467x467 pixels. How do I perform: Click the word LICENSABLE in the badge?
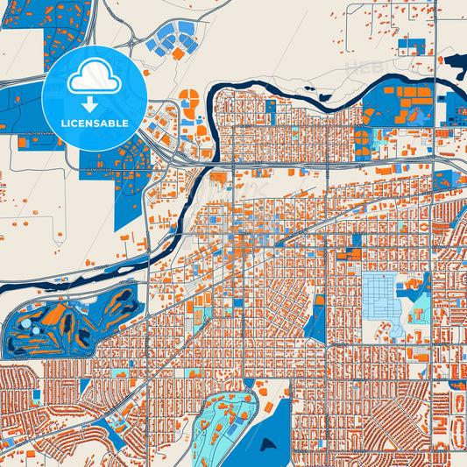[x=94, y=124]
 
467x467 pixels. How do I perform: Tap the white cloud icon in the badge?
[x=94, y=81]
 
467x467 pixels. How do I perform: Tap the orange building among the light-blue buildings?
[x=179, y=53]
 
